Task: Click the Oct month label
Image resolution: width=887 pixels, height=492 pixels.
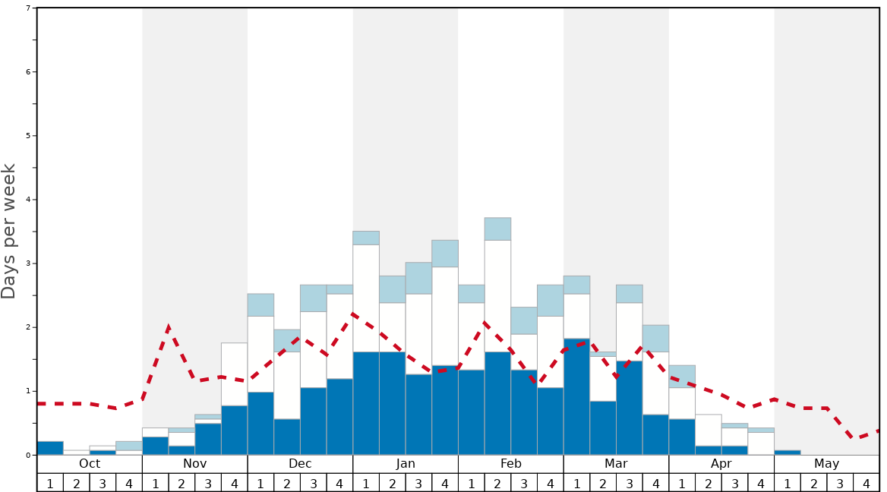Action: (x=90, y=464)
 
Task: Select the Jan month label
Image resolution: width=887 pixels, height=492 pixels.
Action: (x=406, y=464)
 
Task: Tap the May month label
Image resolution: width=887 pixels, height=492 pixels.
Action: (x=827, y=464)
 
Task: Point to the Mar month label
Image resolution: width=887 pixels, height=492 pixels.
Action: (x=616, y=464)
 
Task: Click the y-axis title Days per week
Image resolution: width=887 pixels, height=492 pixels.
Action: (x=9, y=232)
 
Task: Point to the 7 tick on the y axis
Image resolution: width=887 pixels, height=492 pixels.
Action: (x=28, y=8)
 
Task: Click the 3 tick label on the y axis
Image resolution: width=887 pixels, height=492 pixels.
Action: (x=28, y=263)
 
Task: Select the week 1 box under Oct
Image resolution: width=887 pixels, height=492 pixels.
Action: (x=50, y=483)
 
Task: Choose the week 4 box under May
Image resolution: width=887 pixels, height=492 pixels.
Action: (x=866, y=483)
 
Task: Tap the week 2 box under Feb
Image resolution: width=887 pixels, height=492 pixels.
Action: (x=497, y=483)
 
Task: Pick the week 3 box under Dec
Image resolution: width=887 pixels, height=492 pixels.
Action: (x=314, y=483)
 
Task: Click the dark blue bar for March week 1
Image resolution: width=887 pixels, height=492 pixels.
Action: (x=576, y=396)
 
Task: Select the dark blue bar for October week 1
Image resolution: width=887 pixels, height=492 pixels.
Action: (x=50, y=448)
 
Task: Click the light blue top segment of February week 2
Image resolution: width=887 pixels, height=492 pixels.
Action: (x=497, y=229)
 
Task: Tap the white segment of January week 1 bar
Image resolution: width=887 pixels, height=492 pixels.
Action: (x=366, y=298)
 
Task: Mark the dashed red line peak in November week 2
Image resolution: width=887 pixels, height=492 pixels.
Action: (x=168, y=327)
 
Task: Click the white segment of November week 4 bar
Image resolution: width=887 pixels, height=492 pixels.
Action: (x=234, y=374)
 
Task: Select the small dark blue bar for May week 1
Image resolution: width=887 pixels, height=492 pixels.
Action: (x=788, y=453)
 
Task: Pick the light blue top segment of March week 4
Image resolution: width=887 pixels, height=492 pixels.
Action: (x=655, y=338)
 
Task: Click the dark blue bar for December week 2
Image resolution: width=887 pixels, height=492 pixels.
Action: (x=287, y=437)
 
